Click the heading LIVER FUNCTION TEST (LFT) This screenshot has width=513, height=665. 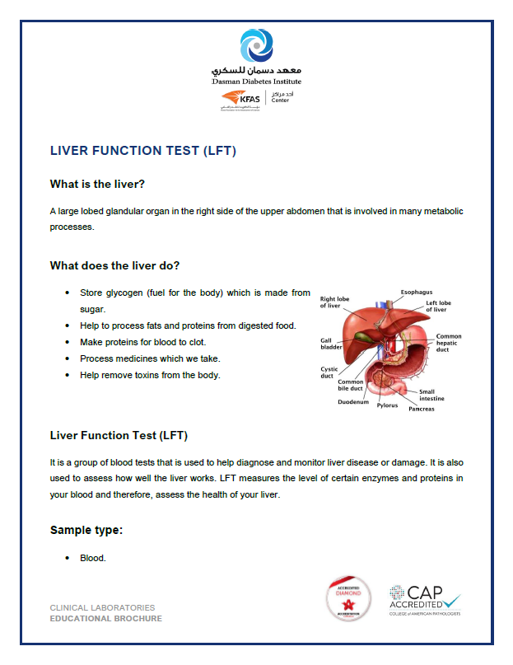pyautogui.click(x=143, y=152)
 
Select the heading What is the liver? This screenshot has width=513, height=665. pyautogui.click(x=103, y=184)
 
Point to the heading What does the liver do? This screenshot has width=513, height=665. pyautogui.click(x=114, y=265)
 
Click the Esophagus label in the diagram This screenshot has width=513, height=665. pyautogui.click(x=417, y=292)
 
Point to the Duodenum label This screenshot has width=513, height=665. pyautogui.click(x=353, y=402)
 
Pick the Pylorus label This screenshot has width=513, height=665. pyautogui.click(x=387, y=405)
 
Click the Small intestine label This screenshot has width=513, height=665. pyautogui.click(x=431, y=396)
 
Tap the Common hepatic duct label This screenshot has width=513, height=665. pyautogui.click(x=449, y=343)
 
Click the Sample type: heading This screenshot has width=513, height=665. pyautogui.click(x=86, y=530)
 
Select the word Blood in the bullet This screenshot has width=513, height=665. pyautogui.click(x=92, y=558)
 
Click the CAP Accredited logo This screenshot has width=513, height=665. pyautogui.click(x=424, y=599)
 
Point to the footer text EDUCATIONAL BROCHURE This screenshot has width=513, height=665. pyautogui.click(x=105, y=618)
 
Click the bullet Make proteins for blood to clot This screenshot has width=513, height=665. pyautogui.click(x=142, y=342)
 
